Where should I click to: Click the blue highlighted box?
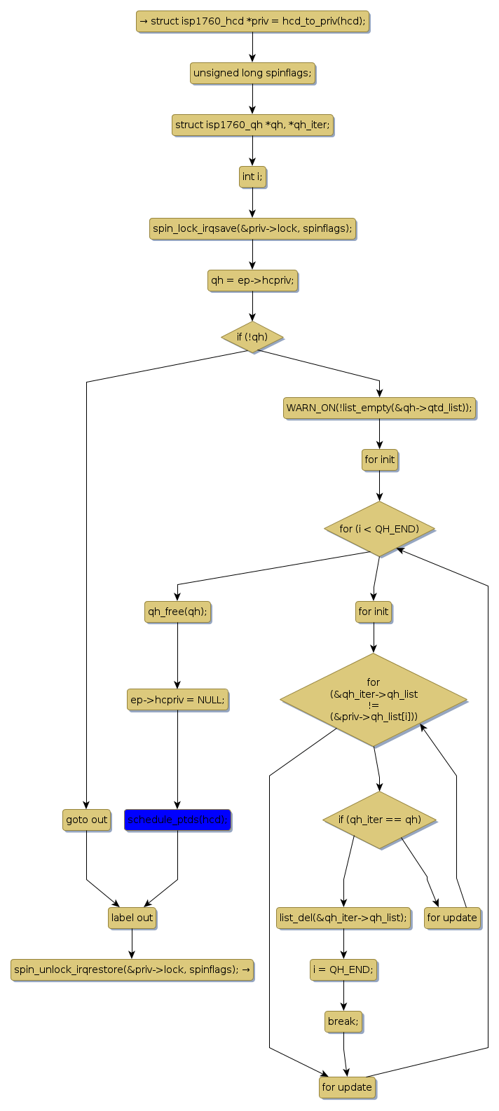177,820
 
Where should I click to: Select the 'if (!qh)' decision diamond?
252,337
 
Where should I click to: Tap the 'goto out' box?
86,820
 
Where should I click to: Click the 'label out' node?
132,918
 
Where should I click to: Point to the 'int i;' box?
252,177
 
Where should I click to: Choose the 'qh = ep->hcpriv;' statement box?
252,281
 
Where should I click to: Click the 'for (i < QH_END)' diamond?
379,529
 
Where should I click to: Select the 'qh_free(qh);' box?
177,612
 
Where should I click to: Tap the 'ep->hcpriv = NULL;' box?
177,699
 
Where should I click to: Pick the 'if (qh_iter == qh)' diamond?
379,820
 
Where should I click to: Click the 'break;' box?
343,1021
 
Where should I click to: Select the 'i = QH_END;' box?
343,969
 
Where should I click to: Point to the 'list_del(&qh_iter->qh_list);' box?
343,918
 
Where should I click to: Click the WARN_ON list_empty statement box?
379,407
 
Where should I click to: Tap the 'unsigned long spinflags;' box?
252,73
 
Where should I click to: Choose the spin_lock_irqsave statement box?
252,228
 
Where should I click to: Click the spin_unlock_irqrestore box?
132,969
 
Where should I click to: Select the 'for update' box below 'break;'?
347,1087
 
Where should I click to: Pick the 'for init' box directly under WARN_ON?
379,460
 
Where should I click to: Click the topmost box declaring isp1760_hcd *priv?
252,21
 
